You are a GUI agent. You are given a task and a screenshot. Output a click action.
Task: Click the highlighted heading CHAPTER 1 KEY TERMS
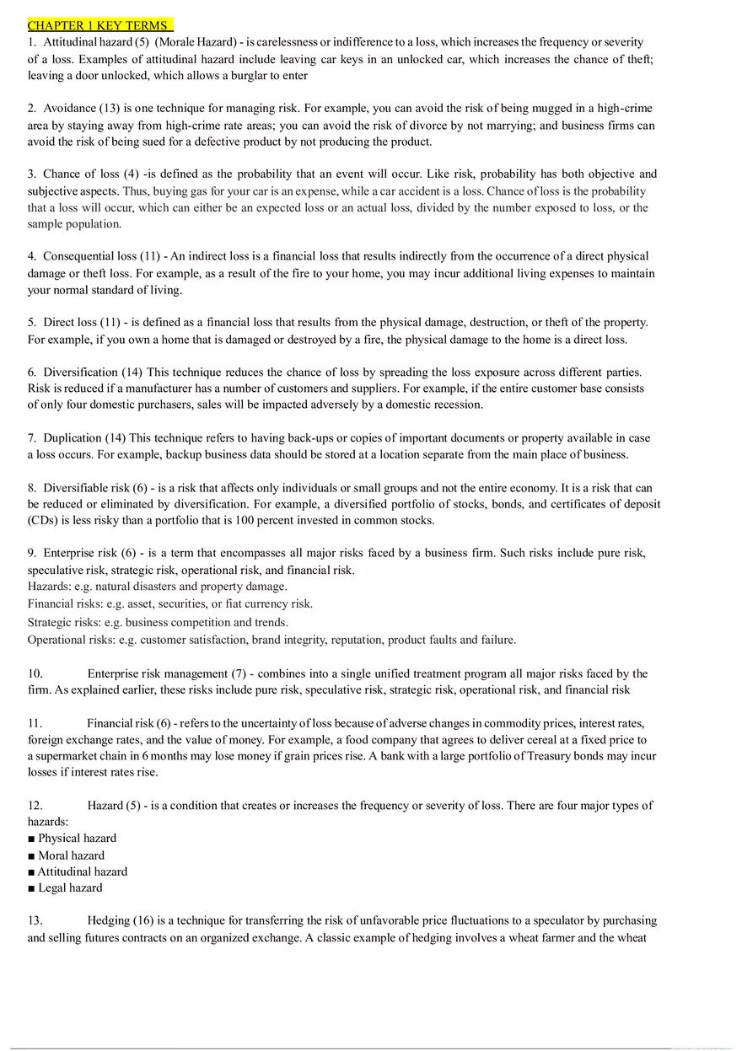pyautogui.click(x=99, y=25)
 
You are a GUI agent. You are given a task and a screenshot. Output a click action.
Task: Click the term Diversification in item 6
pyautogui.click(x=80, y=372)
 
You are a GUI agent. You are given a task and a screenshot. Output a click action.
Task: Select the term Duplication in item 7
pyautogui.click(x=73, y=438)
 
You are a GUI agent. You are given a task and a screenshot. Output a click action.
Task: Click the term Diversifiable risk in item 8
pyautogui.click(x=87, y=487)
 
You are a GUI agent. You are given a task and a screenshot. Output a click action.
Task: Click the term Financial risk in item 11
pyautogui.click(x=120, y=723)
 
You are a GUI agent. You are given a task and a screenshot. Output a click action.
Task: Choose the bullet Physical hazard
pyautogui.click(x=77, y=839)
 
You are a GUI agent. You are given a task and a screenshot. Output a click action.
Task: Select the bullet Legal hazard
pyautogui.click(x=70, y=887)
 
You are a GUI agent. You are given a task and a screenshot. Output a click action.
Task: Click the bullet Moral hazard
pyautogui.click(x=71, y=855)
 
